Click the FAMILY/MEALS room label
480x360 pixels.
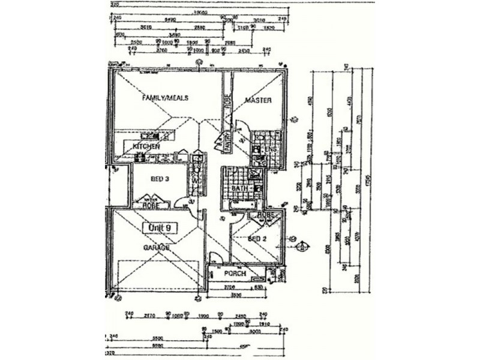pyautogui.click(x=165, y=97)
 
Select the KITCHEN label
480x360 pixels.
pyautogui.click(x=146, y=146)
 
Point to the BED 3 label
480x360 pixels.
pyautogui.click(x=158, y=178)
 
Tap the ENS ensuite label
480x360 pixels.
pyautogui.click(x=270, y=148)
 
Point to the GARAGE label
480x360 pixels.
pyautogui.click(x=156, y=247)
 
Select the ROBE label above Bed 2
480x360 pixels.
pyautogui.click(x=265, y=214)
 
